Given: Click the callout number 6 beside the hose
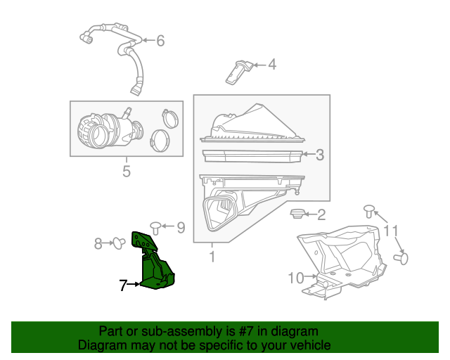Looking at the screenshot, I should tap(160, 41).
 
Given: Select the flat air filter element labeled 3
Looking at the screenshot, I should tap(251, 155).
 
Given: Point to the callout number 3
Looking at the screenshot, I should tap(319, 155).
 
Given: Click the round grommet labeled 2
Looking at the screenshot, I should tap(298, 214).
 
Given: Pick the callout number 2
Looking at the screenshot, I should tap(322, 215).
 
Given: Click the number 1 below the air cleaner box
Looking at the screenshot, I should tap(212, 257).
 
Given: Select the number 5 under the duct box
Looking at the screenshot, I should tap(127, 171).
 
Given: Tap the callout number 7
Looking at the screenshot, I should tap(123, 285).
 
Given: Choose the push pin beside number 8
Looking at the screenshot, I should tap(119, 243).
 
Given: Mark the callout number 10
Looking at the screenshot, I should tap(295, 278).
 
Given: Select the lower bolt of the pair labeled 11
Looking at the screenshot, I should tap(401, 258).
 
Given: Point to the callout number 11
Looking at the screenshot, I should tap(391, 231).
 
